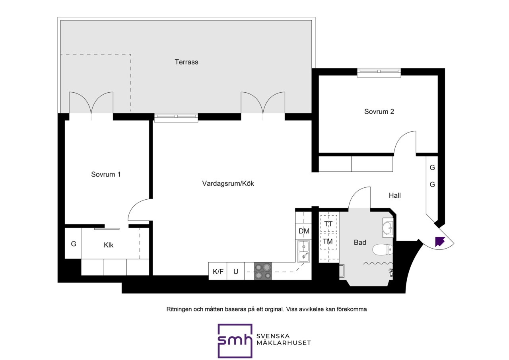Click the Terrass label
[x=187, y=62]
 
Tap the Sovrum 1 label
[x=106, y=174]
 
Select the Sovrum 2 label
[x=379, y=112]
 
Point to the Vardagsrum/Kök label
[x=228, y=183]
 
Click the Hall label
[x=395, y=195]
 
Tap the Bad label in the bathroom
[x=360, y=243]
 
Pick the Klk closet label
[x=109, y=245]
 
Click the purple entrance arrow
[x=440, y=241]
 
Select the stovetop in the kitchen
[x=263, y=271]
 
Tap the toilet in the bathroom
[x=383, y=250]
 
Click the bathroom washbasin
[x=388, y=228]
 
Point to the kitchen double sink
[x=303, y=251]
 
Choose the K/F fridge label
[x=218, y=271]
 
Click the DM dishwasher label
[x=304, y=231]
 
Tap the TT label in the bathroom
[x=328, y=224]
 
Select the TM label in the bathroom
[x=328, y=241]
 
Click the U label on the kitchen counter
[x=236, y=271]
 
